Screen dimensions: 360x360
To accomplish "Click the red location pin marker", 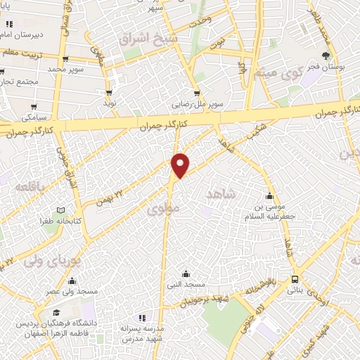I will tap(181, 164).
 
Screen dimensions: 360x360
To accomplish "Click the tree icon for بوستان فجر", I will tap(326, 56).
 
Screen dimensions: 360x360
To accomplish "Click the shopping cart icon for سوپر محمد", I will tap(65, 59).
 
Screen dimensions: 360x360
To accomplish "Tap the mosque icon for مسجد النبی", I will tap(186, 274).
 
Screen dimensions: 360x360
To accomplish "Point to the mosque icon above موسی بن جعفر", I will tap(269, 196).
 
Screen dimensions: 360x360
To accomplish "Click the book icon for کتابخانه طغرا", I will tap(60, 210).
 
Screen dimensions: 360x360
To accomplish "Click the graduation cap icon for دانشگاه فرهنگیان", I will tap(55, 312).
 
